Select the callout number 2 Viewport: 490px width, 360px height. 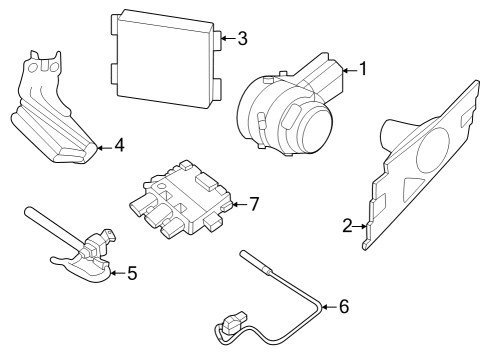point(347,226)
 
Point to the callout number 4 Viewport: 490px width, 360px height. point(119,146)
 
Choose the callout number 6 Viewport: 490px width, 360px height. point(344,306)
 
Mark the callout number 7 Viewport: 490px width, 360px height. point(254,203)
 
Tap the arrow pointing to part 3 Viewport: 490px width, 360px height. point(226,39)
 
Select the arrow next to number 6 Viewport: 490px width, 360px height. point(327,306)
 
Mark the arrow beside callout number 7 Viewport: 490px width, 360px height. point(237,204)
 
